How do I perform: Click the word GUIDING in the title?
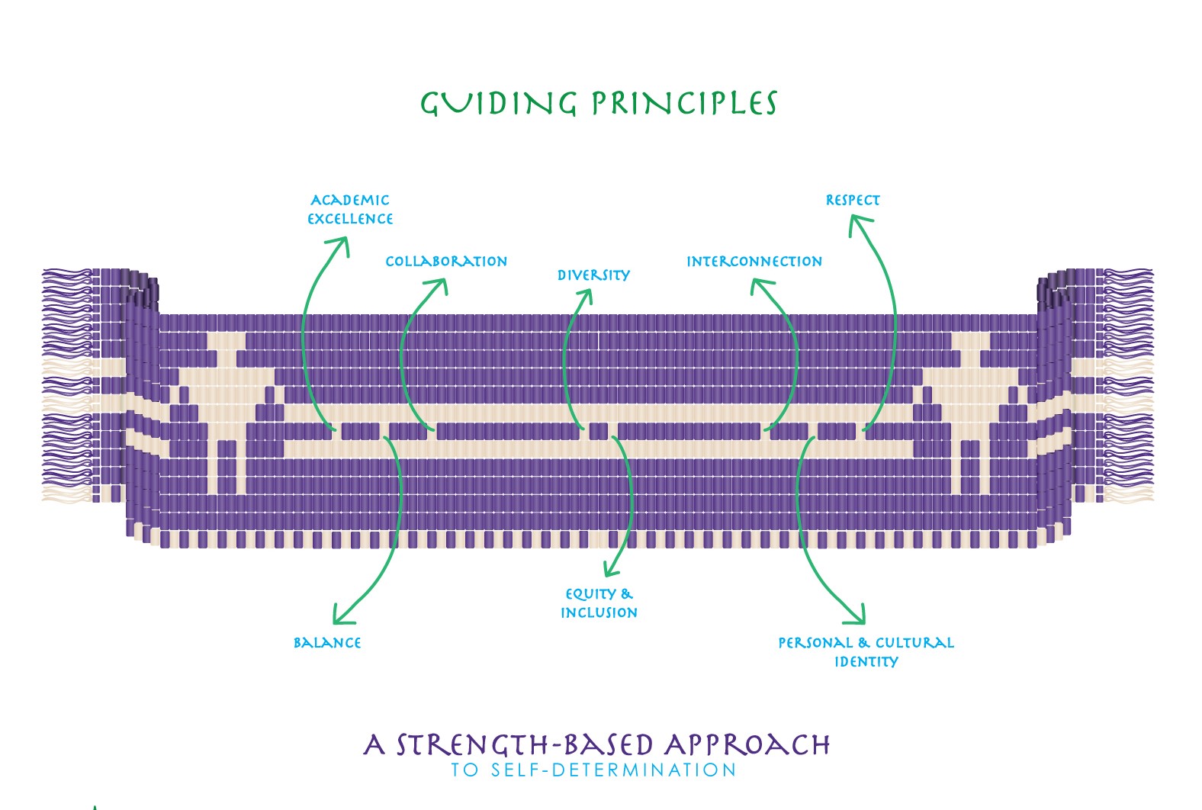pyautogui.click(x=499, y=103)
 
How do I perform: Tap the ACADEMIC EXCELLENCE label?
pyautogui.click(x=350, y=209)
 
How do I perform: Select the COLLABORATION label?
pyautogui.click(x=446, y=262)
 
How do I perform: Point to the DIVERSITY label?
pyautogui.click(x=593, y=275)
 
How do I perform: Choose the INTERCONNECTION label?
pyautogui.click(x=754, y=262)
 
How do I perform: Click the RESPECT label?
pyautogui.click(x=853, y=201)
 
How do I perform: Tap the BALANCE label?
pyautogui.click(x=327, y=643)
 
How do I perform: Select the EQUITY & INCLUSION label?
pyautogui.click(x=599, y=603)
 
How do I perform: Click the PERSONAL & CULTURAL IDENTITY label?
pyautogui.click(x=866, y=652)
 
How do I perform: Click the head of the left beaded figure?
pyautogui.click(x=226, y=342)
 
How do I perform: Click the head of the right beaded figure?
pyautogui.click(x=970, y=342)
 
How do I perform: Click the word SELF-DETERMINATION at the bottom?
pyautogui.click(x=613, y=770)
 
